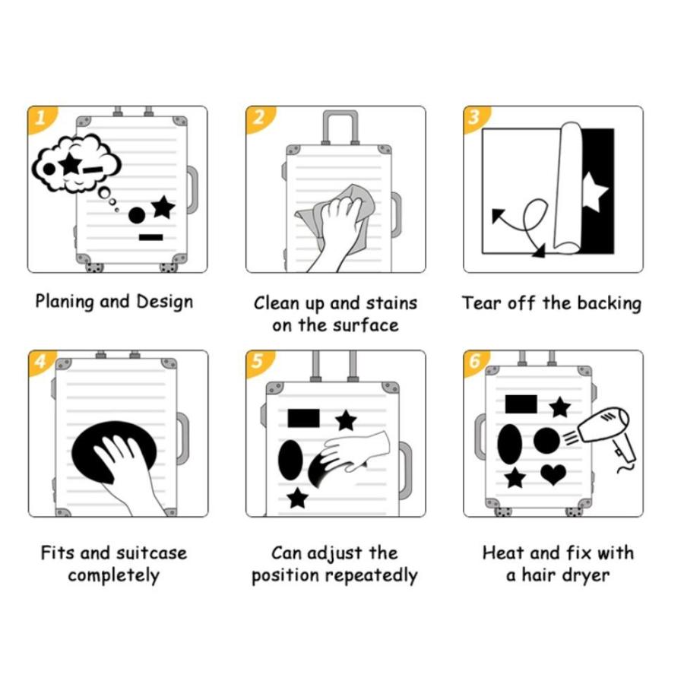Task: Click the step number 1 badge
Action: tap(40, 118)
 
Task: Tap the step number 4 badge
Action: tap(40, 361)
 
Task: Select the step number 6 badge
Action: tap(474, 361)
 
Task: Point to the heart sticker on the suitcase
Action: tap(553, 474)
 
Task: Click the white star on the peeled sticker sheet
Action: tap(594, 192)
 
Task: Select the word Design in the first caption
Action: tap(164, 302)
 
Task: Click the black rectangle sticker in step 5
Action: tap(303, 418)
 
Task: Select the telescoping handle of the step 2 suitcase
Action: tap(340, 126)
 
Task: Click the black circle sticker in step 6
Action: tap(546, 441)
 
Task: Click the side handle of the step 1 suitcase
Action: tap(192, 190)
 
